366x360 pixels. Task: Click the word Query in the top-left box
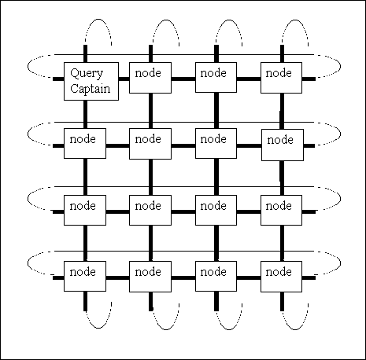87,74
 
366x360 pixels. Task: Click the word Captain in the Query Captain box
90,89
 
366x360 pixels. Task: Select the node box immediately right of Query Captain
150,78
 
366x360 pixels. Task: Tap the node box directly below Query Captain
85,143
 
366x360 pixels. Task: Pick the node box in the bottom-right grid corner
281,277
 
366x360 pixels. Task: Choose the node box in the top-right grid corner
281,78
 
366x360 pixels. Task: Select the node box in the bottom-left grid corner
85,276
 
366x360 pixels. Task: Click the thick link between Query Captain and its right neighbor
124,79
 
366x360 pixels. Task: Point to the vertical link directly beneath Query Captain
85,114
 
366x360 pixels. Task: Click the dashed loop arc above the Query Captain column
98,19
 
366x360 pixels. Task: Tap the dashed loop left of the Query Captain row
28,66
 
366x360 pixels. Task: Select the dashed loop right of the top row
340,66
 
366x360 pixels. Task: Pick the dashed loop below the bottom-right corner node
295,329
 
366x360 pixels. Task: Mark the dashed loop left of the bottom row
28,263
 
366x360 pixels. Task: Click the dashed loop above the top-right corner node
295,20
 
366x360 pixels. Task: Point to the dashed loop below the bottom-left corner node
98,328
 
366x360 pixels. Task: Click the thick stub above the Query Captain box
85,53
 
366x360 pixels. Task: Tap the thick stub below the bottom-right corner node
282,301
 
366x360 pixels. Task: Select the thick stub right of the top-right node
309,79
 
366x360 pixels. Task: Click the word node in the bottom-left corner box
83,272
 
